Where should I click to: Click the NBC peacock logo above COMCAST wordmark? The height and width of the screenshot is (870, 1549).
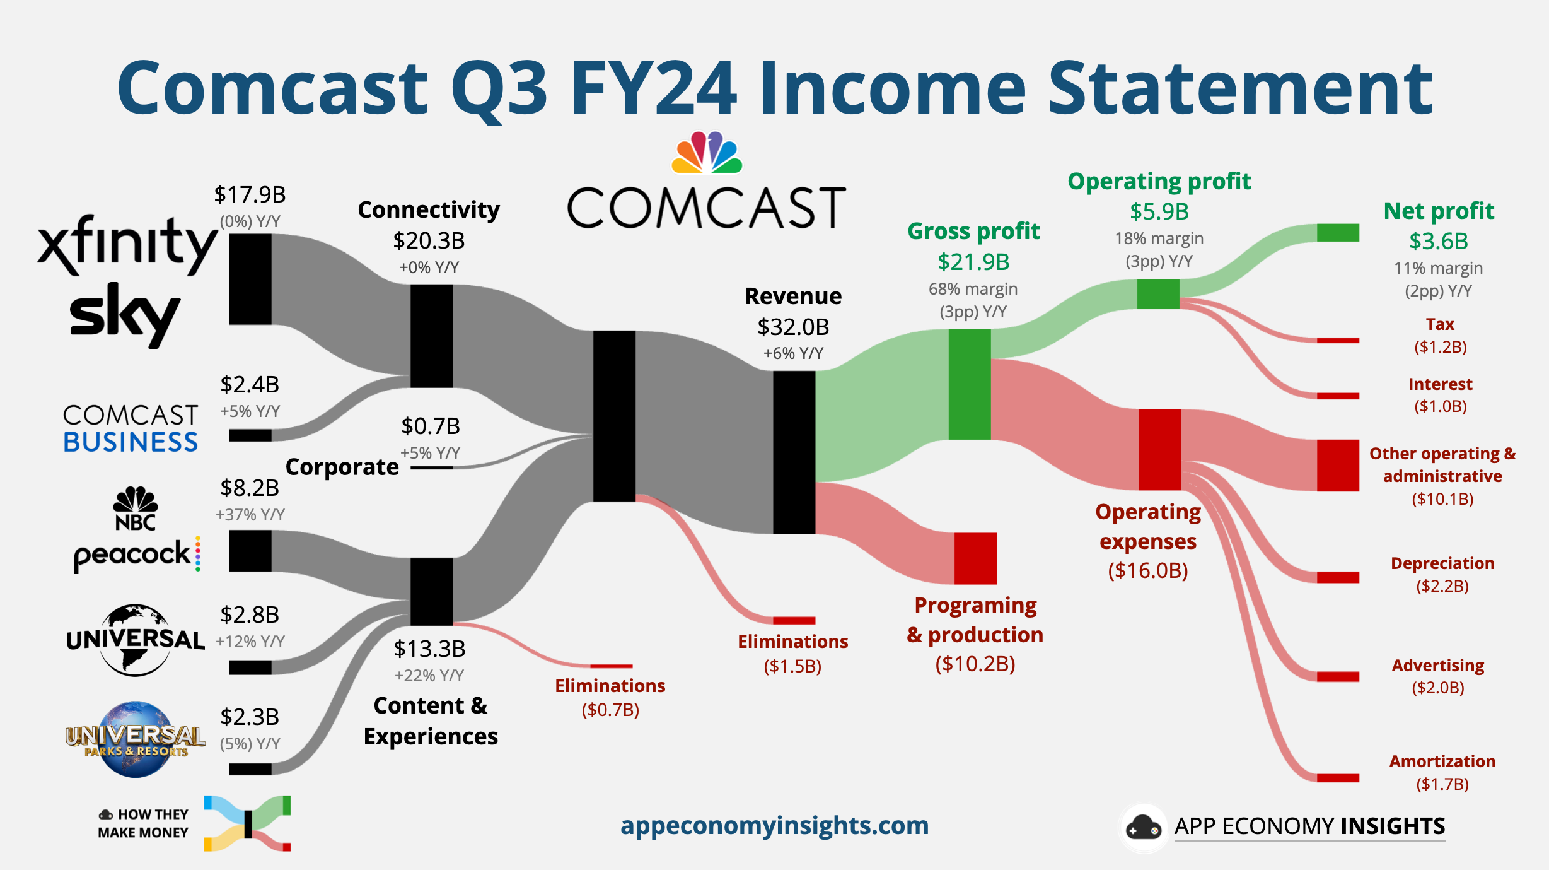(x=707, y=152)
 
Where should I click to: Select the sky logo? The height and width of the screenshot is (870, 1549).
(x=124, y=314)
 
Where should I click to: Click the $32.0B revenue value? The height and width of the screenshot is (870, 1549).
(x=793, y=327)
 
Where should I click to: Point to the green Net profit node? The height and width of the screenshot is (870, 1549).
(x=1337, y=233)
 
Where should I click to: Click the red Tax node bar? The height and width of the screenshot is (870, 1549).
(x=1337, y=341)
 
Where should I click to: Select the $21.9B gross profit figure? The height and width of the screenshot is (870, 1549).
(x=973, y=262)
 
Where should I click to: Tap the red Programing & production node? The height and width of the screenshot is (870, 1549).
(x=975, y=558)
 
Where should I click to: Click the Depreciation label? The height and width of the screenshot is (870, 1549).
(x=1442, y=563)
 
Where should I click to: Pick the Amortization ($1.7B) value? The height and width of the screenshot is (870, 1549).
(x=1442, y=784)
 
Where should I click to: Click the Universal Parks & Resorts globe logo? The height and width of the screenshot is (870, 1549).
(x=135, y=739)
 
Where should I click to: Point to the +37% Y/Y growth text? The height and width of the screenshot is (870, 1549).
(x=250, y=515)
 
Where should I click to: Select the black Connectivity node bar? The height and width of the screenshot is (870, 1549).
(x=431, y=336)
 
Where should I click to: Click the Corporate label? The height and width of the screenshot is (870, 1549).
(x=342, y=467)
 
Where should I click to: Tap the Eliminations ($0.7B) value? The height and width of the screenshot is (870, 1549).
(x=610, y=710)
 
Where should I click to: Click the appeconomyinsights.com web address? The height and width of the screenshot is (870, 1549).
(x=774, y=826)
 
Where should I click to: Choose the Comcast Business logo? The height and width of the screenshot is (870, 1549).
(x=131, y=428)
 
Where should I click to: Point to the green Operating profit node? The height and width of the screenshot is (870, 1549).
(x=1157, y=294)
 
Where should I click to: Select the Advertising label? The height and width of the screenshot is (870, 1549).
(x=1437, y=666)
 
